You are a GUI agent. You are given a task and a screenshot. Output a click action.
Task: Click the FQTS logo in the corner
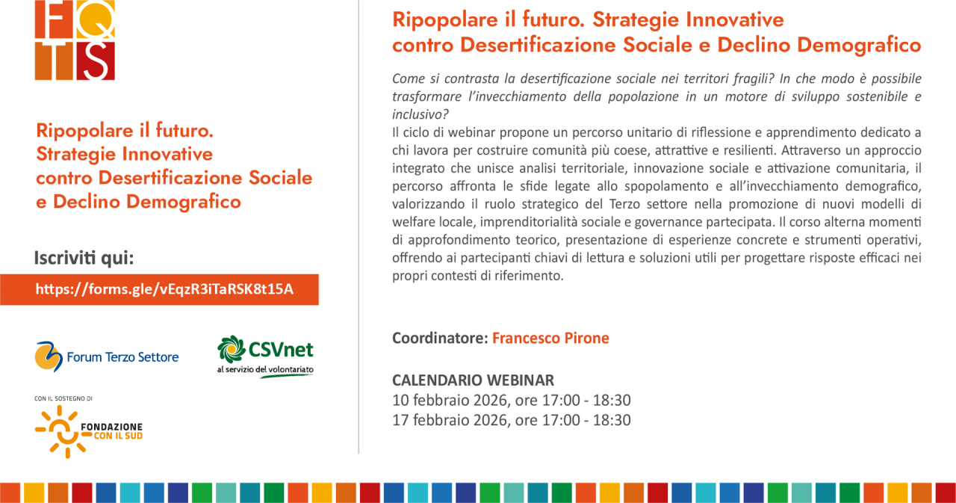(x=75, y=40)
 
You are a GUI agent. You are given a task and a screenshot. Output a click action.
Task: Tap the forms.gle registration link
(x=164, y=289)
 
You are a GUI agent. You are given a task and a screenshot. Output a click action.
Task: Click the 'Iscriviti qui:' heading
(x=84, y=258)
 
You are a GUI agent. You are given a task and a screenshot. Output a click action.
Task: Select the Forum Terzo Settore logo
(x=107, y=357)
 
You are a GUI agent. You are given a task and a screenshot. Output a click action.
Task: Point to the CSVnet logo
(x=265, y=357)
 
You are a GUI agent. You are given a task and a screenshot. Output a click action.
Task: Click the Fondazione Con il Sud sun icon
(x=63, y=431)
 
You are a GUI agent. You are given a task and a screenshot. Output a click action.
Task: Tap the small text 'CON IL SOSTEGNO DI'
(x=63, y=398)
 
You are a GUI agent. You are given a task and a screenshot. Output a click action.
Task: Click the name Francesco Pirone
(x=550, y=338)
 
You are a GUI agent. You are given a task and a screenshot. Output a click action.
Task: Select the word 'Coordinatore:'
(x=440, y=338)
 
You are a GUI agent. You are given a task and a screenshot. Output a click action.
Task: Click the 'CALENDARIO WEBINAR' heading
(x=473, y=380)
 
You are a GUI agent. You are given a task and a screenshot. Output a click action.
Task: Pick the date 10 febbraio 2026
(x=450, y=401)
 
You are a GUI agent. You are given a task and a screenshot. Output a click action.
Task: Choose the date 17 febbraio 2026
(x=450, y=420)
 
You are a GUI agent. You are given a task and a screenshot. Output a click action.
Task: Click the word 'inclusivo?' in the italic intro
(x=420, y=114)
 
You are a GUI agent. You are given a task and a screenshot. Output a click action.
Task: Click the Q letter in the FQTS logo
(x=96, y=19)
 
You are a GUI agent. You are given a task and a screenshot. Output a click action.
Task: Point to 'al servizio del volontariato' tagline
(x=265, y=369)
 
